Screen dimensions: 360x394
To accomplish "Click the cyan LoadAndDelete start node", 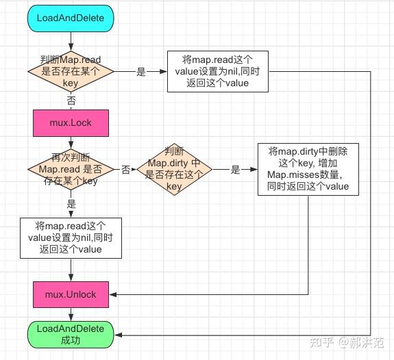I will pos(71,18).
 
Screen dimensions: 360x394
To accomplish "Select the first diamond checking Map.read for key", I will pos(71,70).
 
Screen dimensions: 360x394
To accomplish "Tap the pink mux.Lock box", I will pos(71,123).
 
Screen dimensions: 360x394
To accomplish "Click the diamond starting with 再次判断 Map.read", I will pos(71,168).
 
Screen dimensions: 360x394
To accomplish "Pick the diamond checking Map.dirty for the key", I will pos(174,168).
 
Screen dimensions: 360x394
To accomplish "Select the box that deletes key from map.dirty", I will pos(308,168).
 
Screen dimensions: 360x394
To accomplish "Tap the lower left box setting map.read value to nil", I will pos(71,237).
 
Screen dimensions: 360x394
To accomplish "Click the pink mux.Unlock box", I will pos(71,294).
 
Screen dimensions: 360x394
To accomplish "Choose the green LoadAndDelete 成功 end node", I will pos(71,334).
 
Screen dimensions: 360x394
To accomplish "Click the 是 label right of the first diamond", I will pos(141,71).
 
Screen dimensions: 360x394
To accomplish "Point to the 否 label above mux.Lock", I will pos(71,100).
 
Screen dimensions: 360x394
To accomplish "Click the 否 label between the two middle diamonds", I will pos(126,168).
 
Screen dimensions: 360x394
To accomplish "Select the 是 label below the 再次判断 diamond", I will pos(71,204).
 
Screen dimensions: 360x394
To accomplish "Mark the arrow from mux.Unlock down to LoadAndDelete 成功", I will pos(71,313).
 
